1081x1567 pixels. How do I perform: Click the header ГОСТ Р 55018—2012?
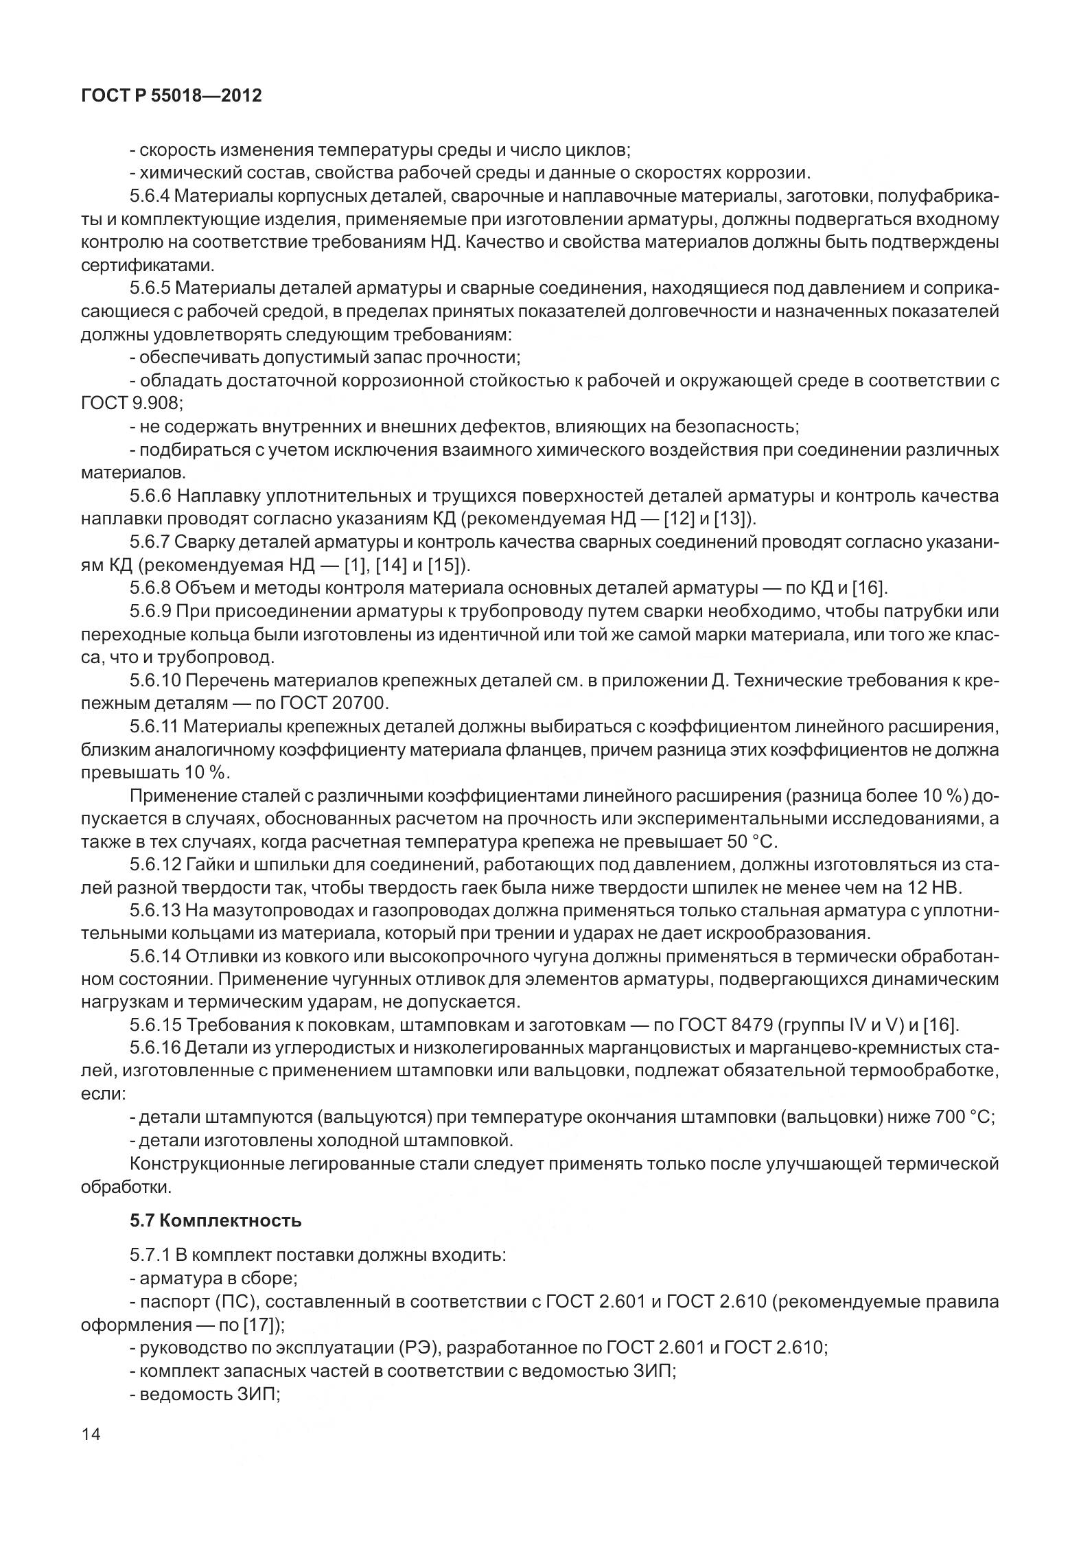click(x=171, y=95)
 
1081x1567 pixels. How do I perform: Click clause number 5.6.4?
click(x=149, y=196)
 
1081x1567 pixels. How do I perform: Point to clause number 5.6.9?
click(x=149, y=611)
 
